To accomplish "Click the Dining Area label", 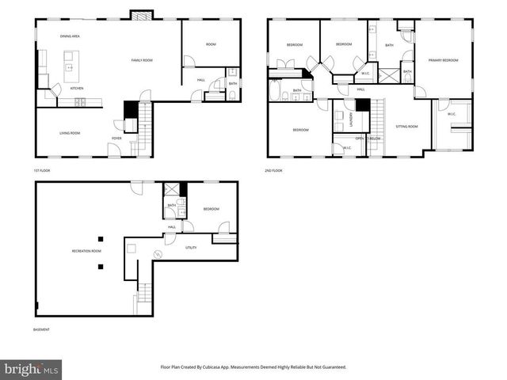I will [71, 36].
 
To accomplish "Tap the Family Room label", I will [143, 60].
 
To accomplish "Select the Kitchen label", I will [77, 89].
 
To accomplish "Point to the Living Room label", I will [70, 133].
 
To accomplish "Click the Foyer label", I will [116, 139].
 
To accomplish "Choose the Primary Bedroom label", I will [444, 60].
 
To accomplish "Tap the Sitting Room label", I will [407, 127].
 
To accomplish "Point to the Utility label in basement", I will [191, 248].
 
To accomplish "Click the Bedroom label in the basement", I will [211, 209].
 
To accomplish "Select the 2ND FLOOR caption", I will [273, 170].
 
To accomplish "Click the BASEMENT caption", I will [41, 329].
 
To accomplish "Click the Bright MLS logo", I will [32, 370].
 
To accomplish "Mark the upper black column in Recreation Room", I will [101, 239].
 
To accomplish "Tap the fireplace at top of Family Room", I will [139, 15].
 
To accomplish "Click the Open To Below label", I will [368, 139].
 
